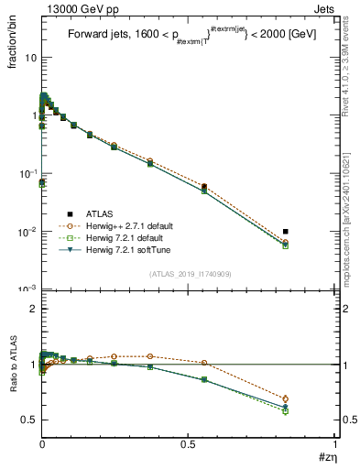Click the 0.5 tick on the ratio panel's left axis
coord(28,420)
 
